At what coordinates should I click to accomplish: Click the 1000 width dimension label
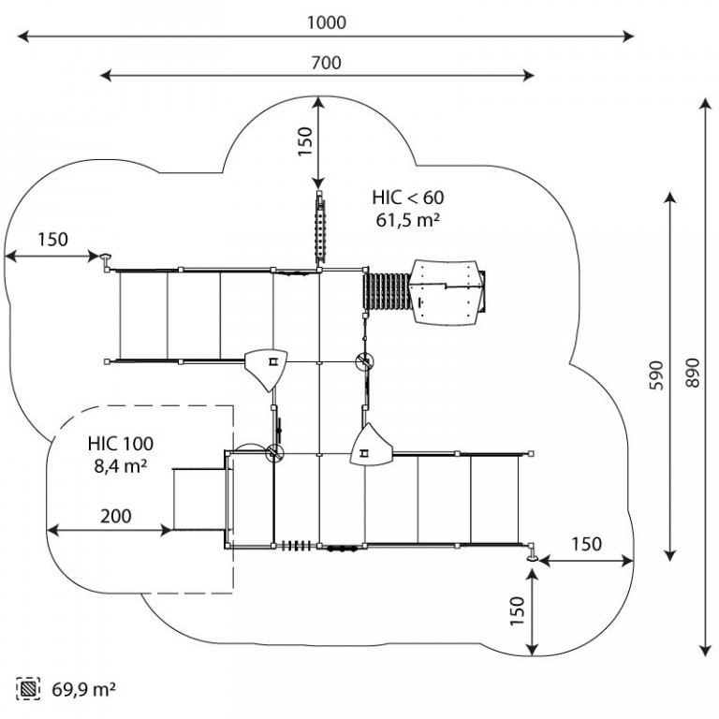pos(326,22)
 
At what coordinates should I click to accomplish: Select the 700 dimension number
pos(326,63)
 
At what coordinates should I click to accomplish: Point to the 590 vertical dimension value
pos(656,375)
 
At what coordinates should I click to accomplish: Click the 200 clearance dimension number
pos(116,517)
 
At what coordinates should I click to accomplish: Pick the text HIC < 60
pos(408,198)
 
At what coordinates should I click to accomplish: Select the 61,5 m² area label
pos(408,221)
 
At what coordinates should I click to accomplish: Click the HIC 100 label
pos(121,444)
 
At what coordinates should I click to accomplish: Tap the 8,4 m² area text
pos(121,466)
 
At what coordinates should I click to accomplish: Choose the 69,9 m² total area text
pos(83,689)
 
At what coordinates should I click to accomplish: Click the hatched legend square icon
pos(28,689)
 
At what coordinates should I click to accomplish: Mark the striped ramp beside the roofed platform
pos(388,291)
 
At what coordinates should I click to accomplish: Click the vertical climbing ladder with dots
pos(320,228)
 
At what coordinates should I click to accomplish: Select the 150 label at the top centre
pos(305,141)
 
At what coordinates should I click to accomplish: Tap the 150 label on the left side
pos(52,240)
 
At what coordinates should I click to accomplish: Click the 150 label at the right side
pos(586,544)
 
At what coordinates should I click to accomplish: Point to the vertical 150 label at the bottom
pos(517,610)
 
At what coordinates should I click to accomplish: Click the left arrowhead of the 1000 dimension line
pos(22,37)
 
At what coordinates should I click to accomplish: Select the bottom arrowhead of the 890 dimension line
pos(706,651)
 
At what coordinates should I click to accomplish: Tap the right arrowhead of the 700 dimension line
pos(529,75)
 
